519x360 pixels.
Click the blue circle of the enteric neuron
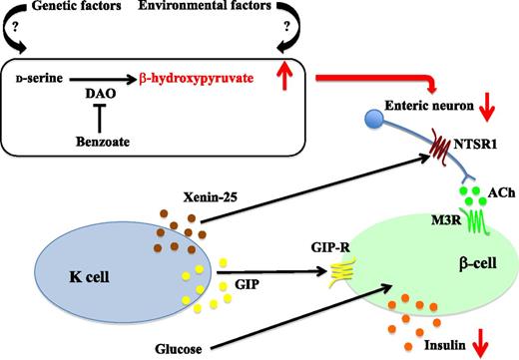[x=352, y=121]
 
